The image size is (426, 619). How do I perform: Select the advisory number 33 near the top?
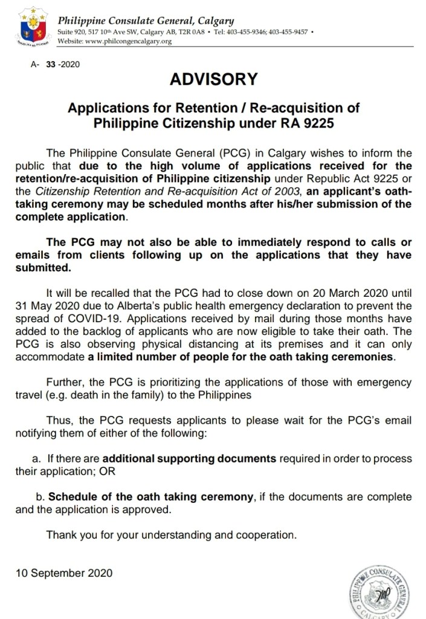tap(51, 63)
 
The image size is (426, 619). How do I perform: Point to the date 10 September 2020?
tap(64, 572)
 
